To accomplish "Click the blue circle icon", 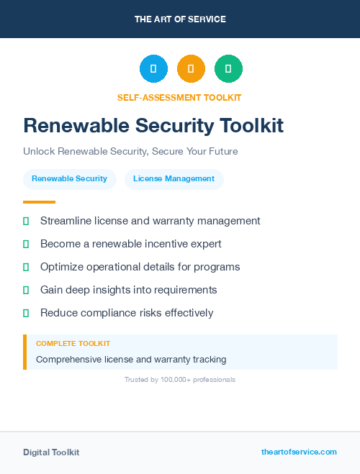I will click(153, 68).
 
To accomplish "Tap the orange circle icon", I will click(191, 68).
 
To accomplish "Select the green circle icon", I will click(228, 68).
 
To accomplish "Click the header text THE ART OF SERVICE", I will click(180, 19).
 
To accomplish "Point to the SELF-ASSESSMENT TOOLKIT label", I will click(179, 97).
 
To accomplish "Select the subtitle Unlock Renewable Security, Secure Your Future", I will click(130, 152).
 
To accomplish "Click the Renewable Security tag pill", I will click(69, 178).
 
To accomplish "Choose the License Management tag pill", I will click(174, 178).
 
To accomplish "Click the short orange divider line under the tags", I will click(39, 202).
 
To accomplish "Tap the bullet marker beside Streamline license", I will click(26, 221).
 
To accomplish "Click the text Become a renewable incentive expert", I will click(130, 244).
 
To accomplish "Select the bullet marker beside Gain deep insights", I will click(26, 290).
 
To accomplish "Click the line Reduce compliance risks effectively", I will click(127, 313).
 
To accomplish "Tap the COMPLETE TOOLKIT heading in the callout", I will click(73, 344).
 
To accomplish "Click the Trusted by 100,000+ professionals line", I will click(180, 379).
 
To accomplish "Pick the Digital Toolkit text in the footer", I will click(51, 452).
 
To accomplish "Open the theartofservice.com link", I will click(299, 452).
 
